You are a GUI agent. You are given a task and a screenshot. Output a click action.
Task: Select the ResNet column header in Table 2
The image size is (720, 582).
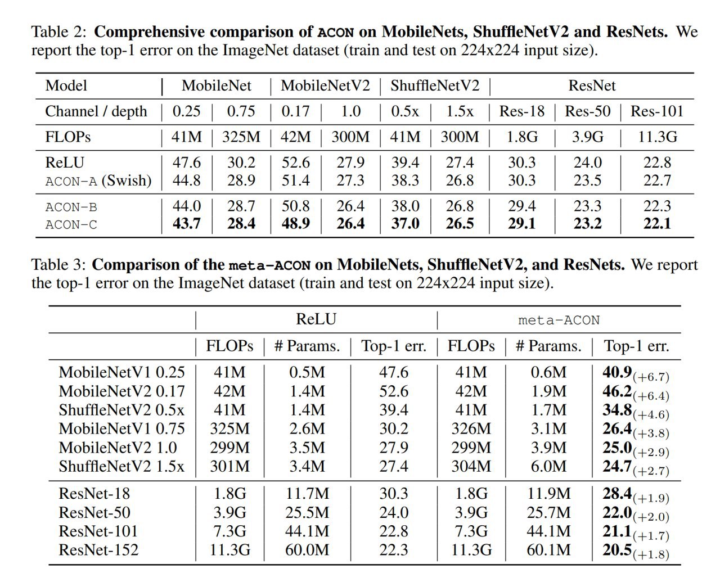[592, 85]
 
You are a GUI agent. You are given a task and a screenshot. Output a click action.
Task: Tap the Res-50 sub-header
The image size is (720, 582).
[587, 111]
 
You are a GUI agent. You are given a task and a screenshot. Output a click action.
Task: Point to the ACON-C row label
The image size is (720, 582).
[71, 224]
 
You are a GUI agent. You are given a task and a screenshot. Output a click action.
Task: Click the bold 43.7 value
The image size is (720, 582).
[186, 224]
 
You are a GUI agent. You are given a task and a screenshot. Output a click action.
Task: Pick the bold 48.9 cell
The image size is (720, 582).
[295, 224]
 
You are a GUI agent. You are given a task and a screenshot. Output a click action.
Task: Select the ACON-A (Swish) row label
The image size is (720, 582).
[98, 181]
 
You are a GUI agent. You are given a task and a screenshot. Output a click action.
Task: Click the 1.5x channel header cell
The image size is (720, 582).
[460, 111]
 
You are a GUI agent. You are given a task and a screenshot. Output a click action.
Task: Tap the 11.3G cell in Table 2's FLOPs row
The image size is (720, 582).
[657, 137]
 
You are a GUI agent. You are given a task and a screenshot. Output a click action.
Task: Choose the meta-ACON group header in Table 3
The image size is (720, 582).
[559, 320]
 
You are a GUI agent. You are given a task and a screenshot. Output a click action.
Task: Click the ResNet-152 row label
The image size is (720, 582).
[98, 549]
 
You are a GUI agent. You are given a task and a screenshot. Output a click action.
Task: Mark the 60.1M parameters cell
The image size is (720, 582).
[548, 549]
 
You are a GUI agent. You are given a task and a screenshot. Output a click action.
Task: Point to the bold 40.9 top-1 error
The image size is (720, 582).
[617, 372]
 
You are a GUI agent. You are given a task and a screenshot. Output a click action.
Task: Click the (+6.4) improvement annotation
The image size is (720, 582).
[651, 396]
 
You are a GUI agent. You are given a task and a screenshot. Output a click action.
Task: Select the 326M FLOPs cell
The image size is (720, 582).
[471, 428]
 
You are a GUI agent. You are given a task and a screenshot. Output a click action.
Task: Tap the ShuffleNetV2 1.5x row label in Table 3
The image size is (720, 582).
[121, 466]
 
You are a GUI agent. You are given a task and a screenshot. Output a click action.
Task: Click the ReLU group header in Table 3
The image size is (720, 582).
[316, 319]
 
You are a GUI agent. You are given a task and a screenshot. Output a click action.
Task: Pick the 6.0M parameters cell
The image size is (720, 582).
[549, 466]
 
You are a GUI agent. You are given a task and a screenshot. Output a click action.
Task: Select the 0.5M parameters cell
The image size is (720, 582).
[307, 372]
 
